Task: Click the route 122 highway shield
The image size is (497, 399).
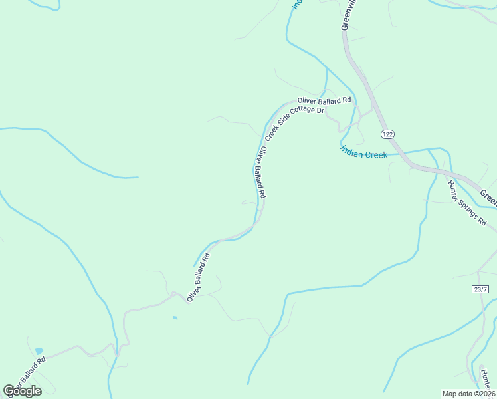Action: point(389,134)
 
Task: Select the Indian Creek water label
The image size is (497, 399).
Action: point(363,154)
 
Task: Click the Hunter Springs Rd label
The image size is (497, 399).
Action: point(467,203)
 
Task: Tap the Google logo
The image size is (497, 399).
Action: point(22,391)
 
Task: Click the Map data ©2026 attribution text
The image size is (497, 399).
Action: point(468,394)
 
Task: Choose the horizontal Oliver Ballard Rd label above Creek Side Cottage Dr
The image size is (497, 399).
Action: point(324,101)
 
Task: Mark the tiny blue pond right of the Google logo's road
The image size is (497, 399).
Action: point(175,318)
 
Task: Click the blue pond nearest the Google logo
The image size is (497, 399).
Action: point(39,351)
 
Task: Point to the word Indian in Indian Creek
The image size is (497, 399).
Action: point(352,151)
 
